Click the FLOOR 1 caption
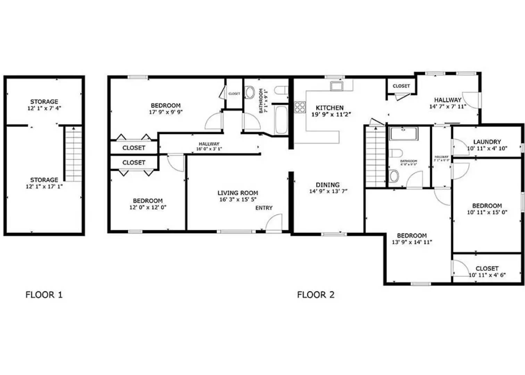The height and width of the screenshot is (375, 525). pyautogui.click(x=44, y=295)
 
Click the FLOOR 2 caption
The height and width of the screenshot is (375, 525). pyautogui.click(x=316, y=295)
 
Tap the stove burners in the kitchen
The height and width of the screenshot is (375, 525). pyautogui.click(x=300, y=107)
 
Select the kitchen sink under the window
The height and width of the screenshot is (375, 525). pyautogui.click(x=336, y=86)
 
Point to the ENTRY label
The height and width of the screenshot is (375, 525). pyautogui.click(x=264, y=208)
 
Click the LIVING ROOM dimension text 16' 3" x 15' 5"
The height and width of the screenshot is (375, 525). pyautogui.click(x=238, y=200)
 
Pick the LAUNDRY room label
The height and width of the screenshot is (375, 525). pyautogui.click(x=487, y=142)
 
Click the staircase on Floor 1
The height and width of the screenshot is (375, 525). pyautogui.click(x=73, y=154)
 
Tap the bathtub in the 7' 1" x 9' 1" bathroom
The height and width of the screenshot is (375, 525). pyautogui.click(x=281, y=120)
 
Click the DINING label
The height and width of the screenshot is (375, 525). pyautogui.click(x=327, y=185)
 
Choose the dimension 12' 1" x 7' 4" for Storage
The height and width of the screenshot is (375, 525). pyautogui.click(x=44, y=108)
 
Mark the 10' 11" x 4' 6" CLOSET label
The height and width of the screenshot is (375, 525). pyautogui.click(x=487, y=268)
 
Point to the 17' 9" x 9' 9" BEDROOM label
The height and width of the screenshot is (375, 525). pyautogui.click(x=166, y=106)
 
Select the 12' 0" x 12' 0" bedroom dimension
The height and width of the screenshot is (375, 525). pyautogui.click(x=148, y=207)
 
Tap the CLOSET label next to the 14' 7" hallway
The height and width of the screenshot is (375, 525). pyautogui.click(x=401, y=86)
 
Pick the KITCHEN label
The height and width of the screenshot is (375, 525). pyautogui.click(x=330, y=108)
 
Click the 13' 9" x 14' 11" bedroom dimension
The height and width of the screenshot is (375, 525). pyautogui.click(x=412, y=242)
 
